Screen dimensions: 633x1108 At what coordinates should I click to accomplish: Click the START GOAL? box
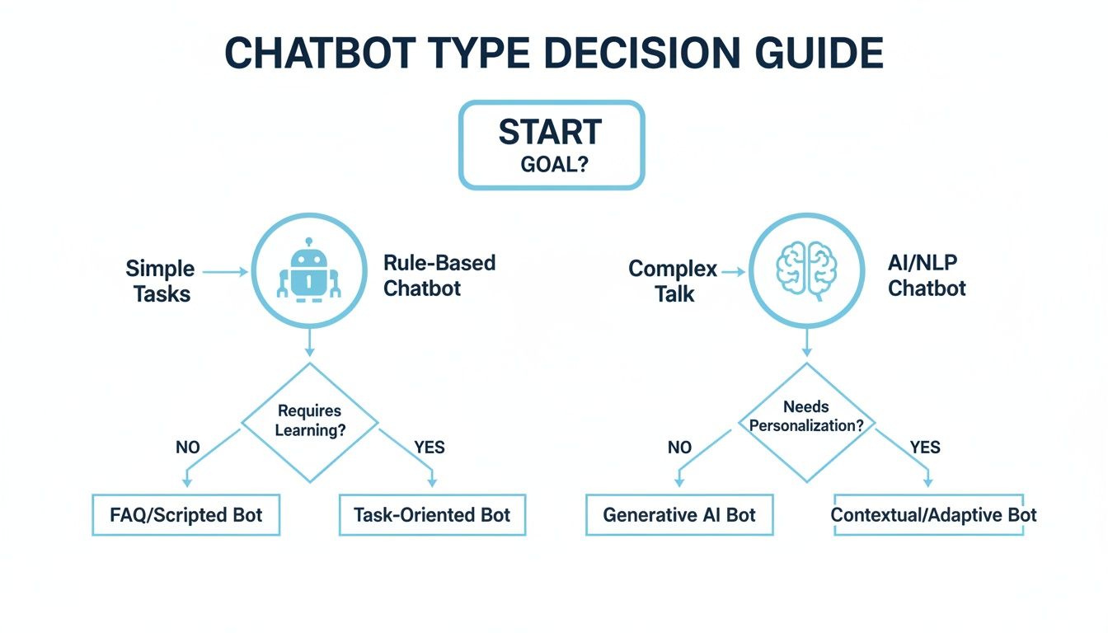pos(551,145)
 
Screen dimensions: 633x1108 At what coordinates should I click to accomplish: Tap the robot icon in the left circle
pos(308,271)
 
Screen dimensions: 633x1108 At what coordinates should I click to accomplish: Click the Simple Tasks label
pos(160,281)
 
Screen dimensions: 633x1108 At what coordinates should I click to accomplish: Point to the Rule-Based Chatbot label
pos(439,276)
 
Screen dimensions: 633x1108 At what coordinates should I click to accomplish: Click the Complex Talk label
pos(673,281)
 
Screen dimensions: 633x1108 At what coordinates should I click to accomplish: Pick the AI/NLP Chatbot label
pos(927,276)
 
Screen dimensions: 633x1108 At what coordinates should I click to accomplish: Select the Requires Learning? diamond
pos(309,420)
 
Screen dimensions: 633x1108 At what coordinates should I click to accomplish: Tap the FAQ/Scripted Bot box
pos(185,516)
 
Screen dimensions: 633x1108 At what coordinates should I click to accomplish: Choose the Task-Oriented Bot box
pos(432,516)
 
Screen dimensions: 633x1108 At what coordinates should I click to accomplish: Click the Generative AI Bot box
pos(679,516)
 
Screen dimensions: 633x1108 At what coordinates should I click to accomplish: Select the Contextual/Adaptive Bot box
pos(933,516)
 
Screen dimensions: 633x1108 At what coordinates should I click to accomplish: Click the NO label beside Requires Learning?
pos(187,448)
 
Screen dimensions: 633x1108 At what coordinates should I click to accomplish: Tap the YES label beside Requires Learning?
pos(430,448)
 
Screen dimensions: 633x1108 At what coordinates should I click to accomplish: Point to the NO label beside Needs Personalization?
pos(679,448)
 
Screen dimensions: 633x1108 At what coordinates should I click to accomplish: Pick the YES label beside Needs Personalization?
pos(925,448)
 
